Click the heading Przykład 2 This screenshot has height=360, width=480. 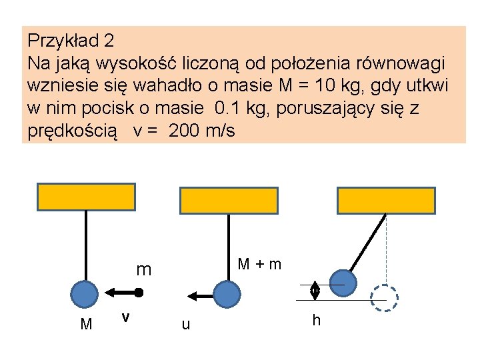(x=71, y=41)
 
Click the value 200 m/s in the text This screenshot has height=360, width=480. (x=202, y=131)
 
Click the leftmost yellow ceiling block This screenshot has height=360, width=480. (x=85, y=197)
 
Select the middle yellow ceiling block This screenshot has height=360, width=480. (x=229, y=201)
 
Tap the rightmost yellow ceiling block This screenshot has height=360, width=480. (x=387, y=201)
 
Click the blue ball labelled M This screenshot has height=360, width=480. (x=85, y=293)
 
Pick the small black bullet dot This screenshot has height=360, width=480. (x=139, y=293)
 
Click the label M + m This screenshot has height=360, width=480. (x=260, y=265)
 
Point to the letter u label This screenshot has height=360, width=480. (x=185, y=325)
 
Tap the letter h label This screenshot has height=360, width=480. (x=316, y=321)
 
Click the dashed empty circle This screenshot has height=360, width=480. (x=384, y=299)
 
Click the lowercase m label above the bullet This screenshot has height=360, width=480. (x=143, y=270)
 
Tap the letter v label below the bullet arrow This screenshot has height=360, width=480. (x=125, y=318)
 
